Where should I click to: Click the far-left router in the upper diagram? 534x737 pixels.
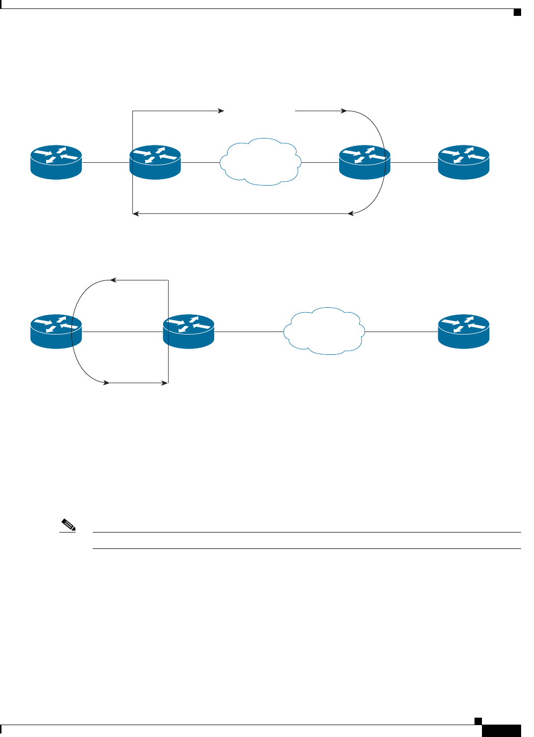(x=56, y=162)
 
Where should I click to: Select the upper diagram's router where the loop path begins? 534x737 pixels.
(x=155, y=162)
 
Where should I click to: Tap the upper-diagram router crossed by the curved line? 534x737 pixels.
(x=364, y=162)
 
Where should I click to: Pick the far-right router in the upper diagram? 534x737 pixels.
(x=464, y=162)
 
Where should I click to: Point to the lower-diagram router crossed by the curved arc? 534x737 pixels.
(x=56, y=331)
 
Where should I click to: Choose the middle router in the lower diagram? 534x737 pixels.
(x=189, y=331)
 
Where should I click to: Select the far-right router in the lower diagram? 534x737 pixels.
(x=464, y=331)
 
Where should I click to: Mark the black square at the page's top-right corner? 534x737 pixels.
(x=517, y=12)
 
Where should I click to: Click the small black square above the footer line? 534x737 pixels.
(x=478, y=721)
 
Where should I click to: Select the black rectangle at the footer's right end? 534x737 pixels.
(x=501, y=731)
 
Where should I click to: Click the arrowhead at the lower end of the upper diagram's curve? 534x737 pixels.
(x=351, y=213)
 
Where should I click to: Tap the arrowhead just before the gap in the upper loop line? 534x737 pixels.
(x=221, y=111)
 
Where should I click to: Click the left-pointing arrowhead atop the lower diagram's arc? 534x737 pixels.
(x=113, y=280)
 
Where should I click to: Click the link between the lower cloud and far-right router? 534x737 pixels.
(x=402, y=332)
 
